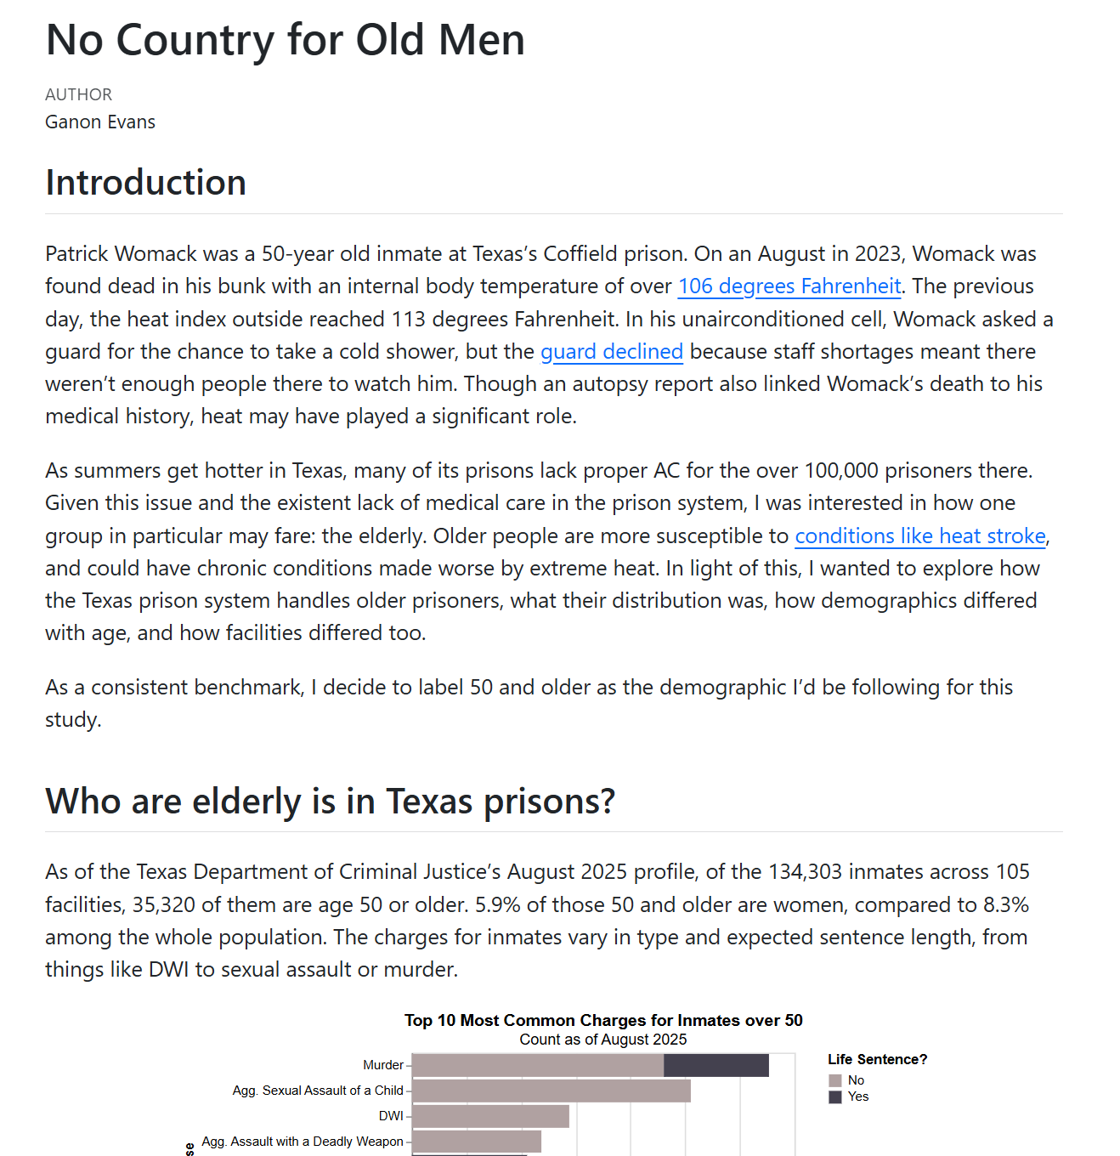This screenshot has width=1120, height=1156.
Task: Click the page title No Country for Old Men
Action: click(x=285, y=40)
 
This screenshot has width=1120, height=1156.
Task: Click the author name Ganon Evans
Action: click(x=100, y=122)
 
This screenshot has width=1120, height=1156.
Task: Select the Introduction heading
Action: click(x=145, y=183)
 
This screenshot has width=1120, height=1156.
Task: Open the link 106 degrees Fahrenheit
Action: click(x=789, y=286)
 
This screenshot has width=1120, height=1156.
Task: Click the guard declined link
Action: click(x=611, y=351)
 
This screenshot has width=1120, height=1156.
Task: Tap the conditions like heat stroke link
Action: click(x=919, y=535)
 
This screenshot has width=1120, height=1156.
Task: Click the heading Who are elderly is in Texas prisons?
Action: click(x=330, y=801)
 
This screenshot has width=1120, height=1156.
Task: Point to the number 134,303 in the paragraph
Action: click(x=805, y=872)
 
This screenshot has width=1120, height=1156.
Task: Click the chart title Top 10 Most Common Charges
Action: click(x=603, y=1020)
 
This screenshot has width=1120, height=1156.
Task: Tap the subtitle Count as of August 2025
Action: click(x=603, y=1040)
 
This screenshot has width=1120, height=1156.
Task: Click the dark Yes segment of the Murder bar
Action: click(x=716, y=1065)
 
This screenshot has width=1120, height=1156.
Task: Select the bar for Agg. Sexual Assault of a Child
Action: click(x=551, y=1091)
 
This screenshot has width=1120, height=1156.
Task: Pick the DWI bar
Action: click(x=490, y=1116)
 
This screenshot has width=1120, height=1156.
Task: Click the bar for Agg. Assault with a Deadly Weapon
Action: click(x=476, y=1142)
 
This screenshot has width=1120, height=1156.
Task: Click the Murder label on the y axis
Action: click(x=383, y=1065)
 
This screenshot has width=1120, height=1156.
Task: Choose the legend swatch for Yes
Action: click(x=835, y=1096)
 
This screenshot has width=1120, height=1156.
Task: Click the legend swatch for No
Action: click(x=835, y=1080)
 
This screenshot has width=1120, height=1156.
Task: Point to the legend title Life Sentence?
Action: click(x=877, y=1059)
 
